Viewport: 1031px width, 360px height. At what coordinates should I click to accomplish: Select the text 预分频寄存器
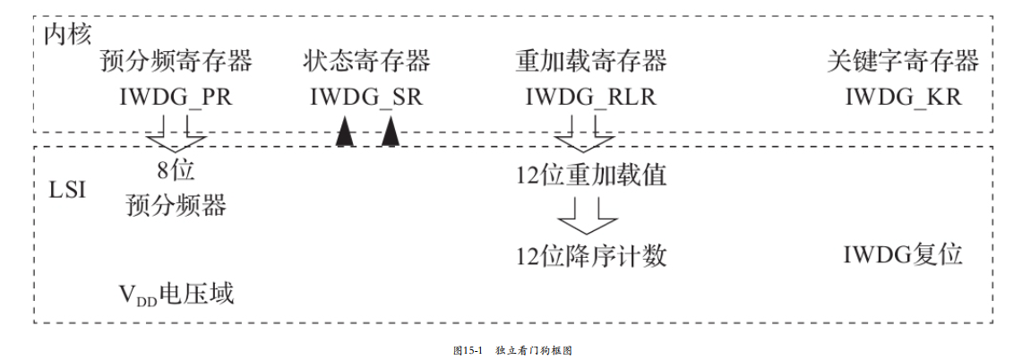(176, 62)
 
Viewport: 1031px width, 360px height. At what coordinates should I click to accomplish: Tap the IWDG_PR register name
(176, 97)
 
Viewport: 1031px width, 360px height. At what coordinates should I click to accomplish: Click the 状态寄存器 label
(366, 62)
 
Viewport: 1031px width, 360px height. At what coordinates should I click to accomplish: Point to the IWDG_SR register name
(366, 97)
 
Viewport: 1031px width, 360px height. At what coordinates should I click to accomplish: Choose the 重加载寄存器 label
(591, 62)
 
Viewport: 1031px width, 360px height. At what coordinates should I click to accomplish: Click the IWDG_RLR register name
(591, 97)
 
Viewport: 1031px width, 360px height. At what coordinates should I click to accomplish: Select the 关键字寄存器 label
(903, 62)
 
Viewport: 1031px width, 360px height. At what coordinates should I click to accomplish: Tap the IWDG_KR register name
(903, 97)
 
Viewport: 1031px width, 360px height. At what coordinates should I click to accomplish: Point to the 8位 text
(176, 171)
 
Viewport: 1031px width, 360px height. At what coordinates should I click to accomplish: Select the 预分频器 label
(176, 206)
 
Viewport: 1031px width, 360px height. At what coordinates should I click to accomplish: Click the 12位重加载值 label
(591, 174)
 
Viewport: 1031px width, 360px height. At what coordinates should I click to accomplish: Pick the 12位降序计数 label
(591, 256)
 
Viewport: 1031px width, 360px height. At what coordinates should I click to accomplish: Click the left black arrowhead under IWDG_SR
(344, 133)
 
